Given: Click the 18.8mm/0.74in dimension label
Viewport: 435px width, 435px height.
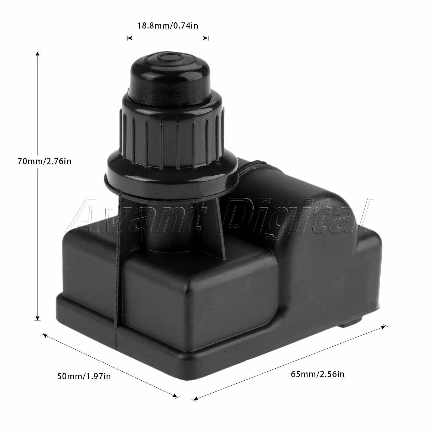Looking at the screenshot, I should tap(167, 26).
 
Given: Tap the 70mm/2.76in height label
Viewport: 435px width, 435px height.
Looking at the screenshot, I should tap(44, 161).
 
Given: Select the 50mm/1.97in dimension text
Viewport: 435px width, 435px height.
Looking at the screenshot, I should tap(84, 376).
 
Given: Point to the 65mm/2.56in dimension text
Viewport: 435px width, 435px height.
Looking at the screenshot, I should tap(318, 374).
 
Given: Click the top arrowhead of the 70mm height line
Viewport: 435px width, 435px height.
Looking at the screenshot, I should tap(38, 54).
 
